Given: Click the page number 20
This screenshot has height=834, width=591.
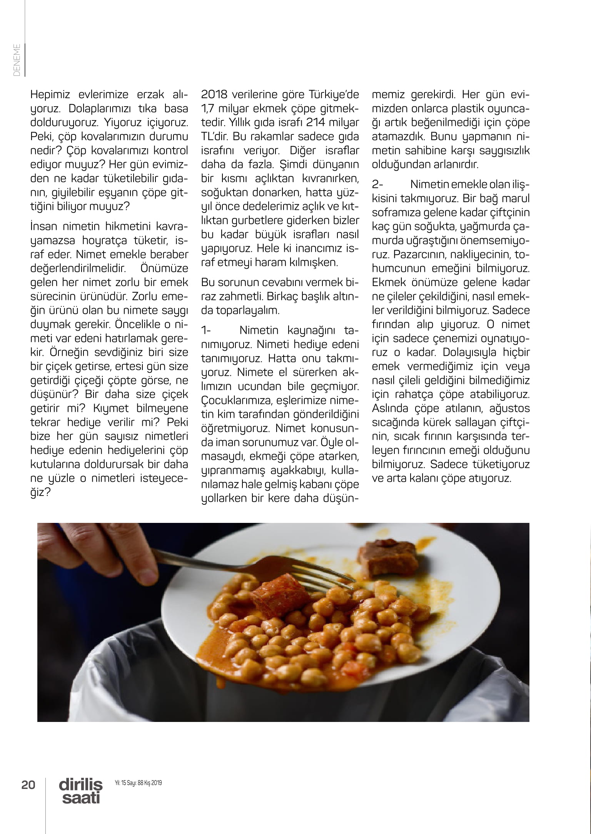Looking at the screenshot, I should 28,784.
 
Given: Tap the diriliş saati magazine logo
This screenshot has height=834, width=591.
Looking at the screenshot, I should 81,791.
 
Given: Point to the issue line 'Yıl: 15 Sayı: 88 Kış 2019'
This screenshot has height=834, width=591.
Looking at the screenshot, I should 138,783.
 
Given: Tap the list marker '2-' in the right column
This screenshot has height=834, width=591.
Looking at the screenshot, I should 377,184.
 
